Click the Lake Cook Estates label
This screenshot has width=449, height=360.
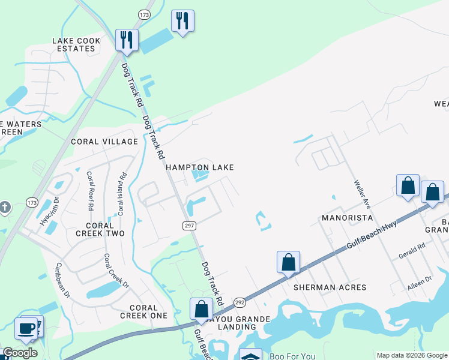76,44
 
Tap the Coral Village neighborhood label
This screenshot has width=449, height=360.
104,142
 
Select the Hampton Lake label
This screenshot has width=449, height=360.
199,167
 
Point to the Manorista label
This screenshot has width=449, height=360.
347,217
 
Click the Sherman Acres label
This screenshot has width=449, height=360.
330,287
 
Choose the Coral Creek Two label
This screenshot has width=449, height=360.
100,229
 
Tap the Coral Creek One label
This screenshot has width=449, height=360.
143,311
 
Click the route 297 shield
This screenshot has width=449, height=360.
187,224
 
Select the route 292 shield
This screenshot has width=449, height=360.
240,302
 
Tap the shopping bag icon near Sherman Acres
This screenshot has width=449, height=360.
289,263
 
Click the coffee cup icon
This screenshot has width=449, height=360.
26,328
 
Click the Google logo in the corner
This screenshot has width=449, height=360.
20,353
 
